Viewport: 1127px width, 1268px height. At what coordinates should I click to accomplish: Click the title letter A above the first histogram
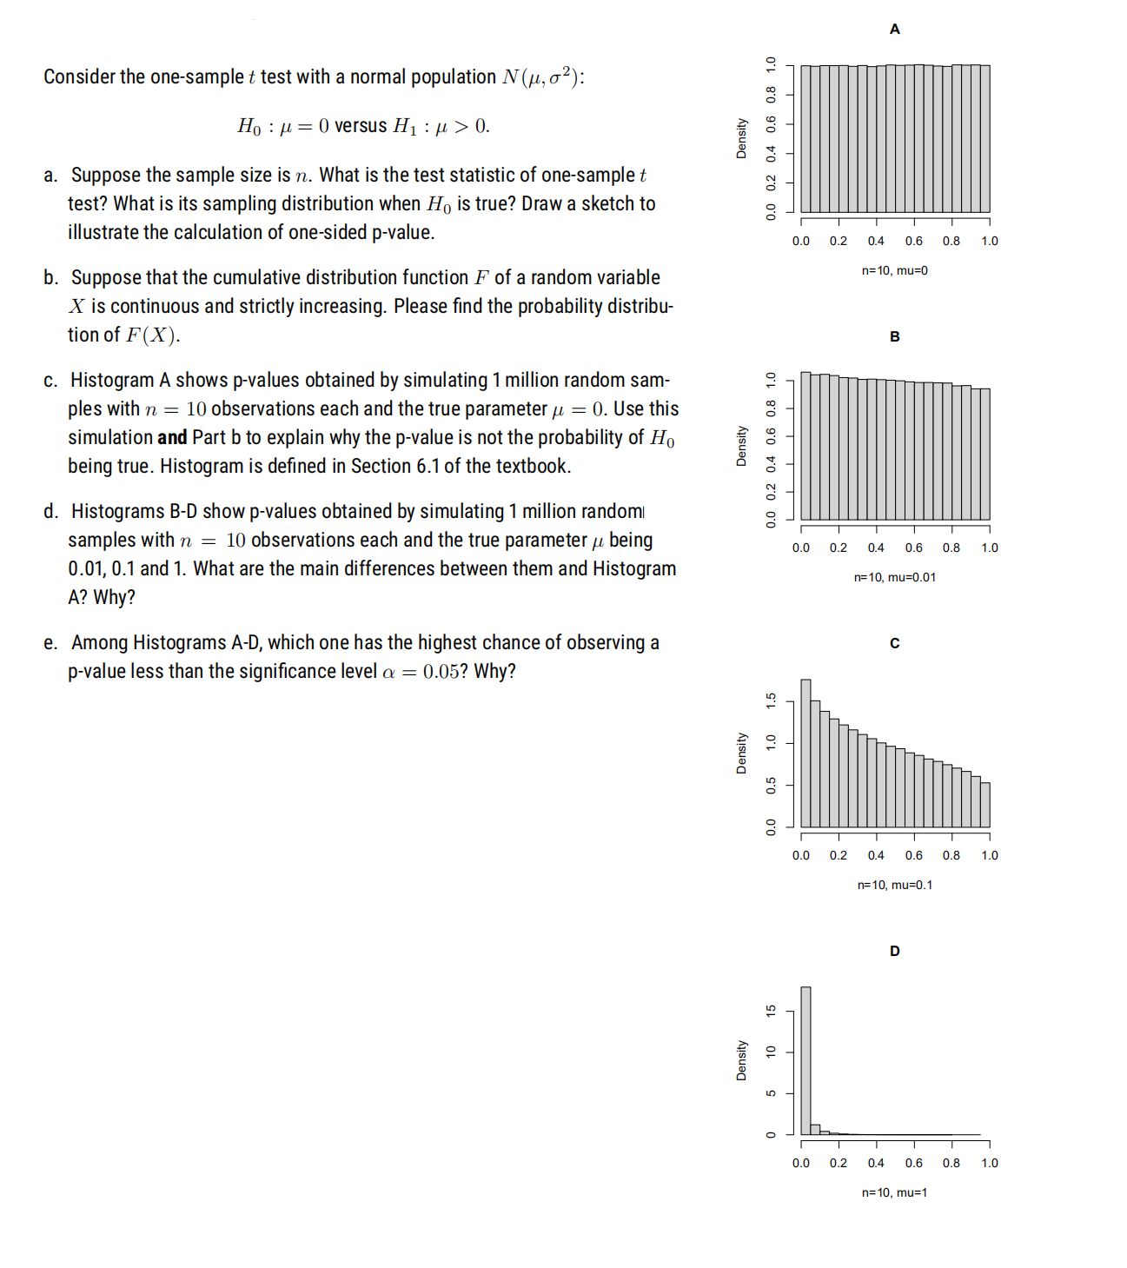pyautogui.click(x=894, y=30)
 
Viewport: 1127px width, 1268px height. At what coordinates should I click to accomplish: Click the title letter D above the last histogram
pyautogui.click(x=894, y=951)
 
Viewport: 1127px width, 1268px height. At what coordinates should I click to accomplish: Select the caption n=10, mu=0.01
pyautogui.click(x=894, y=577)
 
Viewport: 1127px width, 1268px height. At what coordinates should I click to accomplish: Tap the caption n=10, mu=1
pyautogui.click(x=894, y=1192)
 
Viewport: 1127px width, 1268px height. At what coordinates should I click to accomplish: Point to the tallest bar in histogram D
pyautogui.click(x=805, y=1060)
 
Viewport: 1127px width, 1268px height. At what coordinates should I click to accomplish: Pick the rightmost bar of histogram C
pyautogui.click(x=985, y=805)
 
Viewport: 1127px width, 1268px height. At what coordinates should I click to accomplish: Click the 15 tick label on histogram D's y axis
pyautogui.click(x=770, y=1011)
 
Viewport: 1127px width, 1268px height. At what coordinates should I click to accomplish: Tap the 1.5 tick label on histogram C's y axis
pyautogui.click(x=770, y=700)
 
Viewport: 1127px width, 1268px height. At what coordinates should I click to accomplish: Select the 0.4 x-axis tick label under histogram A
pyautogui.click(x=876, y=242)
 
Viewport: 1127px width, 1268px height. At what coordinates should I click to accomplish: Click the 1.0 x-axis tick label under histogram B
pyautogui.click(x=990, y=548)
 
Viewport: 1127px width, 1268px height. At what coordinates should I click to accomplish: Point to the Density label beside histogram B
pyautogui.click(x=741, y=446)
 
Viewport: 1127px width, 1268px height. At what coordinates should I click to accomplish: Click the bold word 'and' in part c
pyautogui.click(x=172, y=438)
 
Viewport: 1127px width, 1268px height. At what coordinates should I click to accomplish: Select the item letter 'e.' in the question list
pyautogui.click(x=51, y=643)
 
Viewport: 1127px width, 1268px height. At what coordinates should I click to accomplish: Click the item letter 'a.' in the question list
pyautogui.click(x=51, y=176)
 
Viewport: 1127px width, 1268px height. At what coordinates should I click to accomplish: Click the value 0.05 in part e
pyautogui.click(x=441, y=672)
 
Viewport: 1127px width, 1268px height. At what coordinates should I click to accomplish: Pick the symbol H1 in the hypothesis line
pyautogui.click(x=405, y=127)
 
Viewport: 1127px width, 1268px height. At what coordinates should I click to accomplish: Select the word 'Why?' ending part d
pyautogui.click(x=115, y=598)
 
